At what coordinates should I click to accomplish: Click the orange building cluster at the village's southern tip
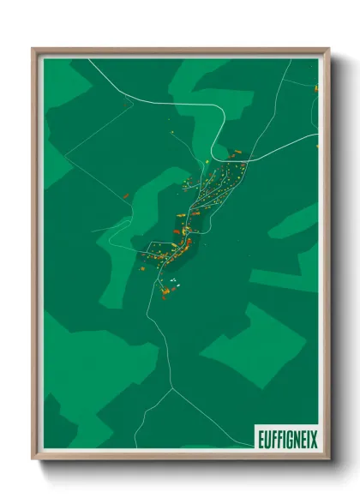tap(165, 294)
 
